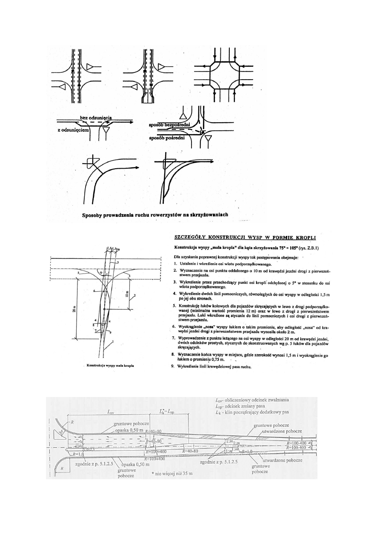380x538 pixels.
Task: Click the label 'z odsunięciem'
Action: tap(73, 129)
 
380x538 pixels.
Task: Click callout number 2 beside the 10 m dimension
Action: tap(135, 295)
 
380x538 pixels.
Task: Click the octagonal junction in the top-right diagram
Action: tap(224, 77)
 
